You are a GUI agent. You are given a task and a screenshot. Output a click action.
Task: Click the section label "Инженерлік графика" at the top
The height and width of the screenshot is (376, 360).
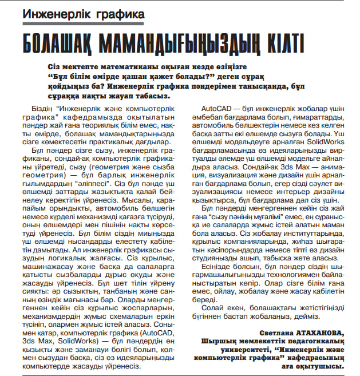[x=84, y=13]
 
